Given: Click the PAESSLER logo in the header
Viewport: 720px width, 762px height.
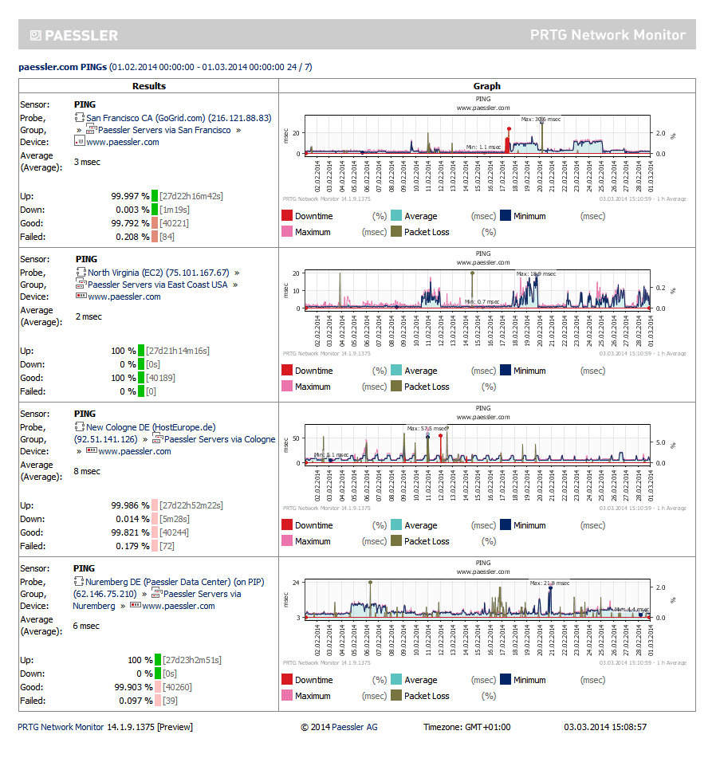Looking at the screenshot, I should click(x=73, y=35).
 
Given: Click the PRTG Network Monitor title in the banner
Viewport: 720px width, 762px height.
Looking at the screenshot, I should click(x=608, y=35).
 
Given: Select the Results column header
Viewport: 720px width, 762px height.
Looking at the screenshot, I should click(x=149, y=86).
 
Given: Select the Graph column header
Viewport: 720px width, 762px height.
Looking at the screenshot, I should click(x=486, y=86).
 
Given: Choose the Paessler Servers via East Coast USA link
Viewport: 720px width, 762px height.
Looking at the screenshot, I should click(x=157, y=285).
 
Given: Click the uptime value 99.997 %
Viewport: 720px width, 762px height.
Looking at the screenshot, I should click(x=130, y=196).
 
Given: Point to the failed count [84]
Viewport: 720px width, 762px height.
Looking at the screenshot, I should click(x=167, y=237).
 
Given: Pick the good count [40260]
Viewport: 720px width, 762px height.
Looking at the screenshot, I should click(x=176, y=687).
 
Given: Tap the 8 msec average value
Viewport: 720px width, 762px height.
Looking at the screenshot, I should click(x=88, y=471).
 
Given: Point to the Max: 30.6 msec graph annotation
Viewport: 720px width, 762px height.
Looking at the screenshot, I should click(x=541, y=120).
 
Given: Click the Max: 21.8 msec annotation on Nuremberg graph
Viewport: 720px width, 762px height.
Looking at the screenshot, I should click(x=549, y=583).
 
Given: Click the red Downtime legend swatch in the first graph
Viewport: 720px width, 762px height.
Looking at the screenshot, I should click(x=286, y=216).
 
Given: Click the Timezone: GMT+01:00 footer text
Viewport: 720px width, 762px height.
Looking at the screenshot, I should click(x=466, y=727).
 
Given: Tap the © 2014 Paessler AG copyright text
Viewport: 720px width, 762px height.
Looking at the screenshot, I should click(x=339, y=727).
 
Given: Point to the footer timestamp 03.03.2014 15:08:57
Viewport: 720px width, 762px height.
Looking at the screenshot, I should click(x=604, y=727).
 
